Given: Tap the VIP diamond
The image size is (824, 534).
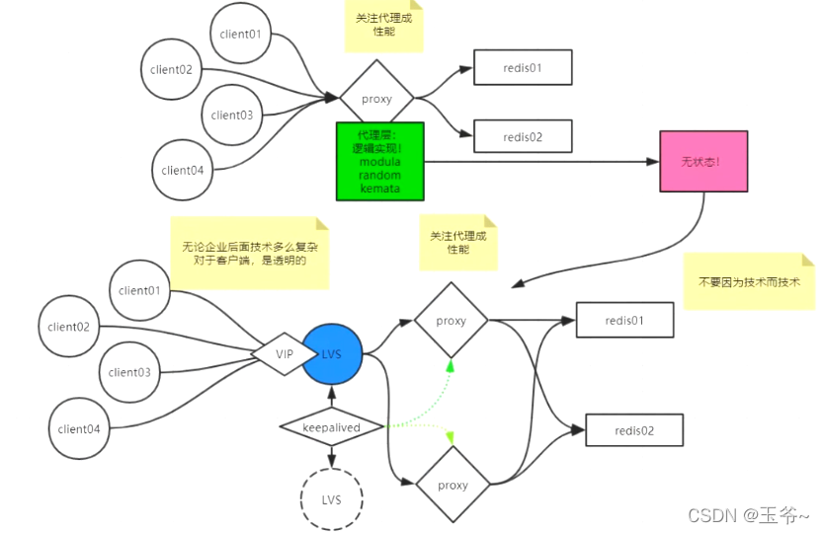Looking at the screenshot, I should point(285,352).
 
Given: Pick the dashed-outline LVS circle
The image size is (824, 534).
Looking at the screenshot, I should point(331,499).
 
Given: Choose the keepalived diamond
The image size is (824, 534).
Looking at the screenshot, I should point(332,427).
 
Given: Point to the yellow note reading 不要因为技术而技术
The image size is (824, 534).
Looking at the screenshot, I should point(750,281).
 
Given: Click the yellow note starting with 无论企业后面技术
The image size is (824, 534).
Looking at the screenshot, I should point(249,254).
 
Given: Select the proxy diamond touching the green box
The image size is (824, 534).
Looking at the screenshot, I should point(376,99).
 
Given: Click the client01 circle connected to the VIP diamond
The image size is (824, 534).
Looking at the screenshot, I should point(139,290).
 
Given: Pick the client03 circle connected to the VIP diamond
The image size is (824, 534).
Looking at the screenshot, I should point(129,372).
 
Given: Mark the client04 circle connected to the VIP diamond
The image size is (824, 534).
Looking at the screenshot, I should point(79,428).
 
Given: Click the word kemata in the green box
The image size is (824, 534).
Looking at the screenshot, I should point(379,187).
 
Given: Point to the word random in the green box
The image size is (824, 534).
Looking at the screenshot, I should point(379,174).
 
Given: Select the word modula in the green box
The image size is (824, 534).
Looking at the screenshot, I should point(379,161).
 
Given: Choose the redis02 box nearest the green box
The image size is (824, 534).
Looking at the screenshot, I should point(523,137).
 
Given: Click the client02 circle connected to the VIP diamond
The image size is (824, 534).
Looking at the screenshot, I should point(68,327).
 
